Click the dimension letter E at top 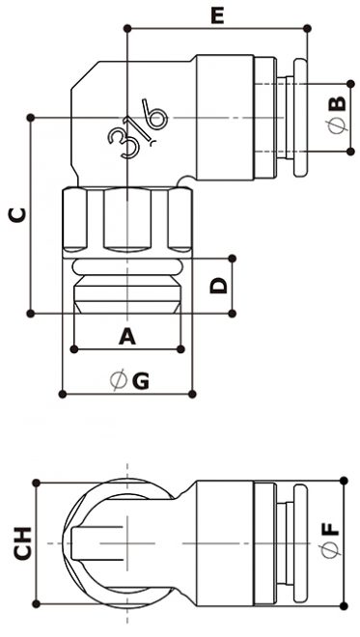(217, 16)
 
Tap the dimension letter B (338, 104)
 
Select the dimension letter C (17, 215)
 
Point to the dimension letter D (218, 286)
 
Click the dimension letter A (127, 337)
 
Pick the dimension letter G (140, 381)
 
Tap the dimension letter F (332, 528)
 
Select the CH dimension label (23, 543)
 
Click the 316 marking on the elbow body (137, 132)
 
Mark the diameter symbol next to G (119, 380)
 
